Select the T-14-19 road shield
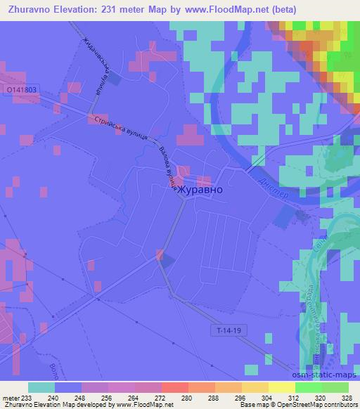226,329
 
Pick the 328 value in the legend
348,397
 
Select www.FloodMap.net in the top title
219,9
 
